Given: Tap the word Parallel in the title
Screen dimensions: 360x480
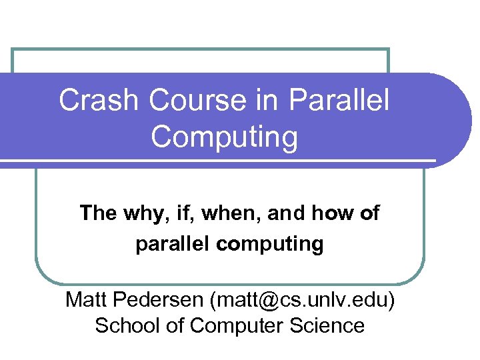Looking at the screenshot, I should click(x=339, y=101).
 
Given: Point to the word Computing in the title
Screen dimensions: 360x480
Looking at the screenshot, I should click(x=224, y=137).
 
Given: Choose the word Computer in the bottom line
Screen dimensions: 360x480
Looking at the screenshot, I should click(x=234, y=326).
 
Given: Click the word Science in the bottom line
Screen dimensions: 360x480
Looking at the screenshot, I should click(x=327, y=325).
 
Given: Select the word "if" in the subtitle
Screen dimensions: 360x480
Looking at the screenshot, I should click(x=176, y=213).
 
